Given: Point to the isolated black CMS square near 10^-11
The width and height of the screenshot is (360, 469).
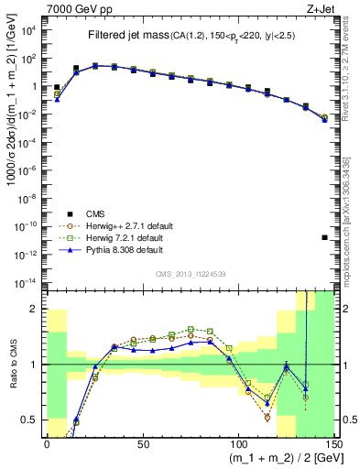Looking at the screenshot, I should tap(325, 238).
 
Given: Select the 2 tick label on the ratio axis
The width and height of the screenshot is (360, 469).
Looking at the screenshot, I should tap(35, 309).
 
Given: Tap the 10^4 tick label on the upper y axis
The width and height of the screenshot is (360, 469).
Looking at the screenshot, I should tap(27, 29).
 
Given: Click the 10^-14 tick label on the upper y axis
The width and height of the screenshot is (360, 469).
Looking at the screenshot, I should tap(26, 281).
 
